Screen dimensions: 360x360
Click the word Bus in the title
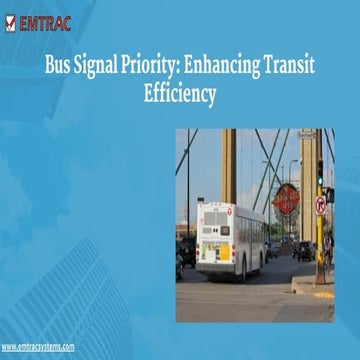click(58, 67)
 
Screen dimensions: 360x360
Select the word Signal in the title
click(103, 67)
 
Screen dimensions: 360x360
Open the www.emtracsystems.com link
click(37, 346)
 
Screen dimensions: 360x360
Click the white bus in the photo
click(229, 240)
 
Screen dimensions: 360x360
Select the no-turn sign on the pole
click(320, 205)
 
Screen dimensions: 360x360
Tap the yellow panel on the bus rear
click(222, 253)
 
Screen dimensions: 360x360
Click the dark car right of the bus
click(302, 250)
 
